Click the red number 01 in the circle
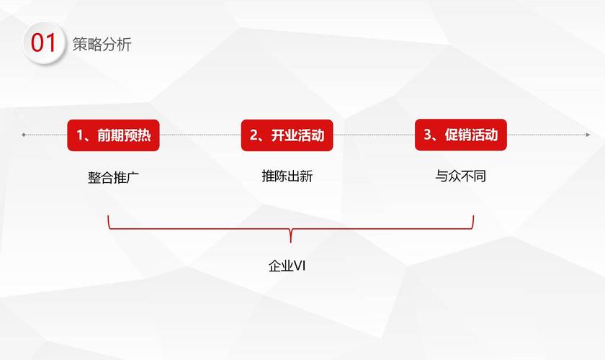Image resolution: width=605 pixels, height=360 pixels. click(x=43, y=42)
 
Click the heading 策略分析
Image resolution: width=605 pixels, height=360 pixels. click(x=102, y=45)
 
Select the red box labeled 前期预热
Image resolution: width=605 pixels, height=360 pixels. click(x=114, y=135)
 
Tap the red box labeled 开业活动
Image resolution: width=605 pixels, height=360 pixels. click(x=287, y=135)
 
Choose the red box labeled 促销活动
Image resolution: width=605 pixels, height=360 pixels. click(x=461, y=135)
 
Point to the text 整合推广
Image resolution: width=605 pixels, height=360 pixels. click(x=113, y=178)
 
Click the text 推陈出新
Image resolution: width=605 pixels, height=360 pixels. click(x=287, y=176)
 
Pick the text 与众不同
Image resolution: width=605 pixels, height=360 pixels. click(x=460, y=176)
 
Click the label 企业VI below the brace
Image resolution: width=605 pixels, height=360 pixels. click(x=287, y=266)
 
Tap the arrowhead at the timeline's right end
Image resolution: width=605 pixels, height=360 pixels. click(x=588, y=135)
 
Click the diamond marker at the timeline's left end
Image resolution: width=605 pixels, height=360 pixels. click(x=24, y=135)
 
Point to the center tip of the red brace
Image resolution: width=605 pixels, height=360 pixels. click(x=290, y=242)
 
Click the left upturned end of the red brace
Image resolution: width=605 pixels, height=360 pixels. click(x=108, y=216)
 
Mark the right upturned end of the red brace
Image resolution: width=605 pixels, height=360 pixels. click(x=473, y=216)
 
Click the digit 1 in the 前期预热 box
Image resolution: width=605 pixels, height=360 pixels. click(x=80, y=135)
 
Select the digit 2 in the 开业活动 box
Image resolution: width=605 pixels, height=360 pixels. click(x=254, y=135)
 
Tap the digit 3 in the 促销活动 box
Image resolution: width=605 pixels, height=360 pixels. click(x=428, y=134)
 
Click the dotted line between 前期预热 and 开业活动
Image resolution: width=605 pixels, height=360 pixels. click(x=200, y=135)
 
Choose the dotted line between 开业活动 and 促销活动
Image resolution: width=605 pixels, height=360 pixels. click(x=374, y=135)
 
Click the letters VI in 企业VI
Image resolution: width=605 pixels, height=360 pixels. click(x=300, y=266)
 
